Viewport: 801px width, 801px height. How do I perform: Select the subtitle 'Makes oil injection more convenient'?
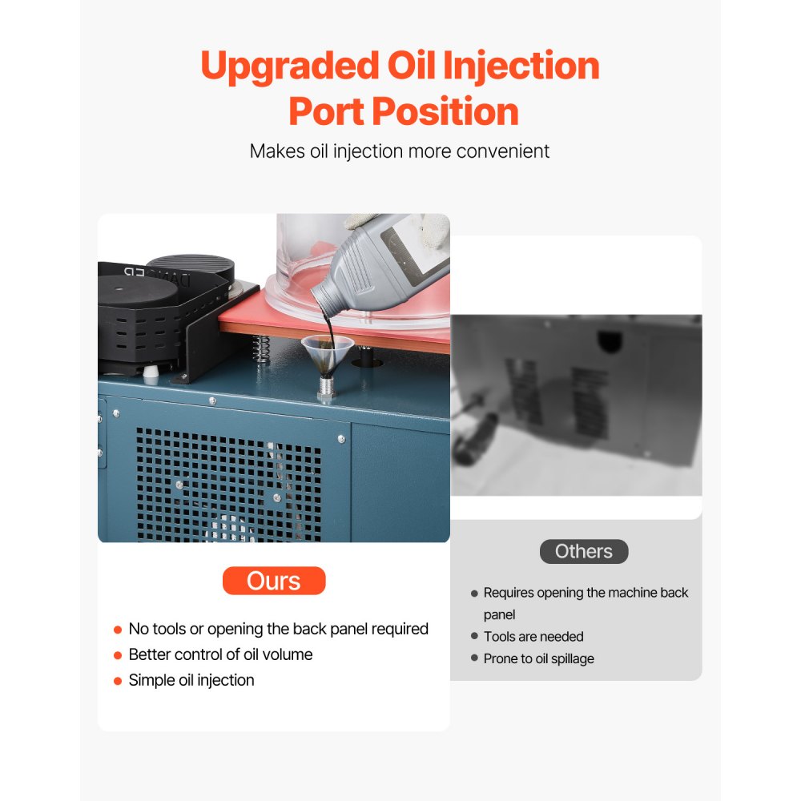point(400,151)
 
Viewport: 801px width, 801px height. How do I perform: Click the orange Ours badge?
point(274,581)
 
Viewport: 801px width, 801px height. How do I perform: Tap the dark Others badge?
point(583,551)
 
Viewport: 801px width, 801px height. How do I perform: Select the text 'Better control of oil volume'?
point(220,654)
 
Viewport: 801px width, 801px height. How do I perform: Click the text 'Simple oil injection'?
point(191,680)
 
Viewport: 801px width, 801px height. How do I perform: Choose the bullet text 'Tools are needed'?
point(533,637)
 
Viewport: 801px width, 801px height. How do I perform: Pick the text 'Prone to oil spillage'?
point(538,658)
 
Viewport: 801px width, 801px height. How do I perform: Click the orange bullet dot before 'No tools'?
point(118,630)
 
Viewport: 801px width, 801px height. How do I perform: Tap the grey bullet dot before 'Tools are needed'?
point(474,637)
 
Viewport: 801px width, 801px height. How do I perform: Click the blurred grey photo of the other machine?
point(576,405)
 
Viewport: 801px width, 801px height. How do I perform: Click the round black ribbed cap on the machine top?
point(189,266)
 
